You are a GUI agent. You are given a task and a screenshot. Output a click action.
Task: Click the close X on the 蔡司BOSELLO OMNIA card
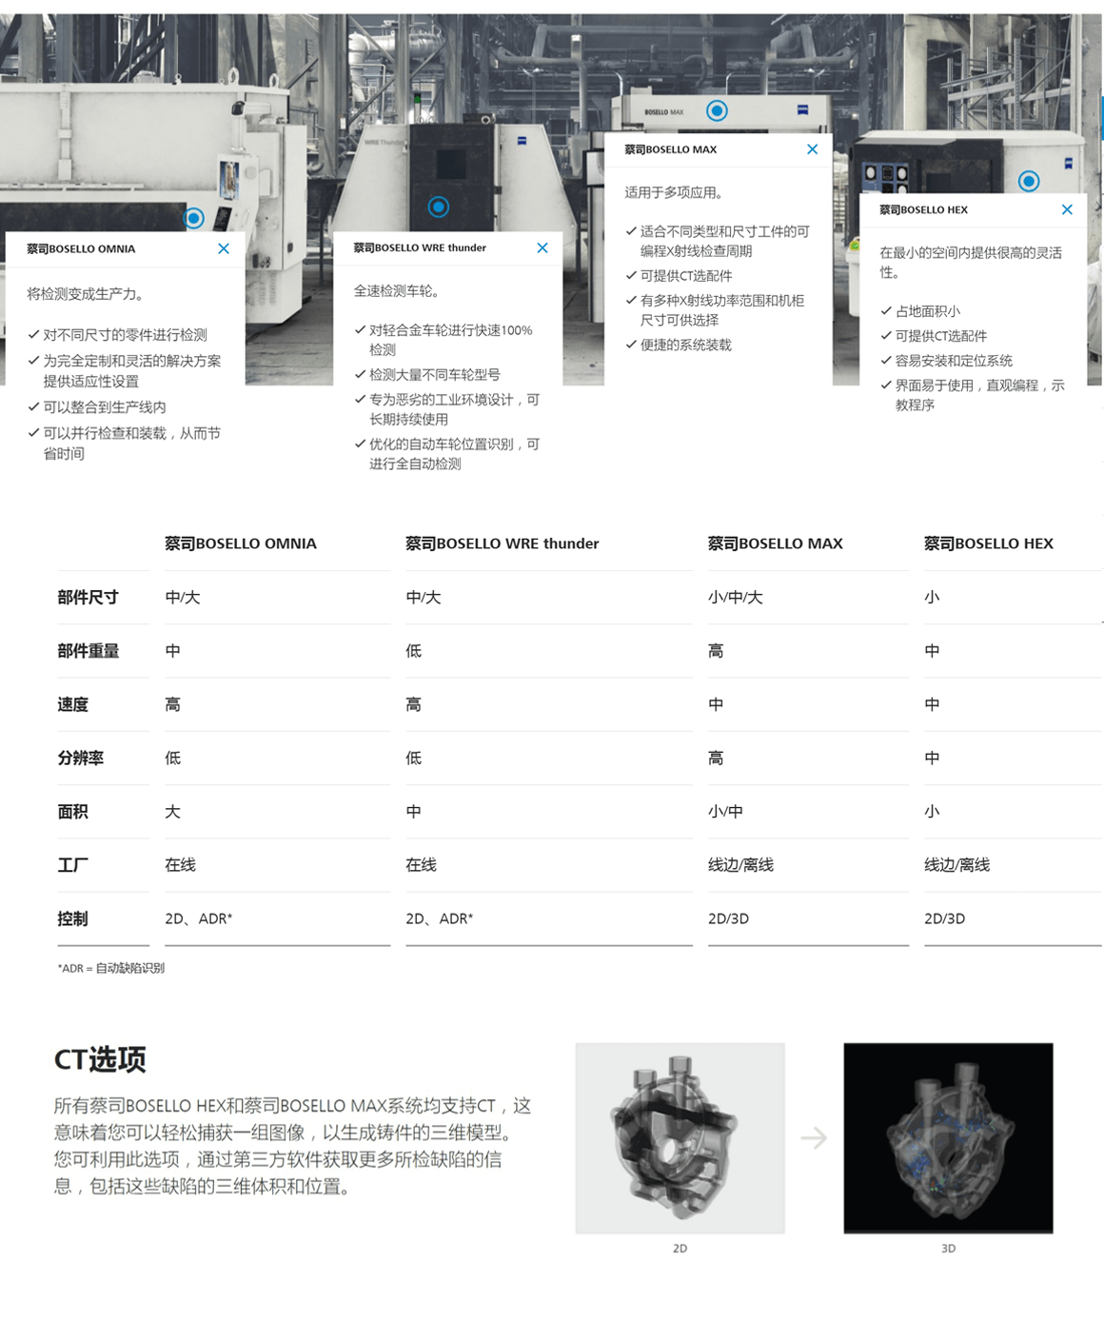pyautogui.click(x=224, y=248)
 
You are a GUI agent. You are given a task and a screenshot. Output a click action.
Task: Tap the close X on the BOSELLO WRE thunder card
pyautogui.click(x=542, y=248)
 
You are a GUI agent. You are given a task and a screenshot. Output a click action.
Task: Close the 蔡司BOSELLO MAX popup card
pyautogui.click(x=812, y=149)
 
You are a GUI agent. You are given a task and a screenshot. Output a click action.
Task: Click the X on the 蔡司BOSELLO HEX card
pyautogui.click(x=1067, y=209)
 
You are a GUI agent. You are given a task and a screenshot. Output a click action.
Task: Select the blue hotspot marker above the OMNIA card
pyautogui.click(x=194, y=219)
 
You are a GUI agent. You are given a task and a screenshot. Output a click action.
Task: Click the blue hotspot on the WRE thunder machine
pyautogui.click(x=438, y=207)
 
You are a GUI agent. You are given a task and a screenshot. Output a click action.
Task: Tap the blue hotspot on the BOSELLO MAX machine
pyautogui.click(x=717, y=111)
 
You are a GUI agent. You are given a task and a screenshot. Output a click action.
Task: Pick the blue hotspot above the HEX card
pyautogui.click(x=1028, y=181)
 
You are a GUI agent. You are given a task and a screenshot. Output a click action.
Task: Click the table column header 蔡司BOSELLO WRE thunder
pyautogui.click(x=502, y=543)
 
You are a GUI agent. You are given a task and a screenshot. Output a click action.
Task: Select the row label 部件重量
pyautogui.click(x=88, y=651)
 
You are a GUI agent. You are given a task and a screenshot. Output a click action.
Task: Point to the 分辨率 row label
pyautogui.click(x=80, y=758)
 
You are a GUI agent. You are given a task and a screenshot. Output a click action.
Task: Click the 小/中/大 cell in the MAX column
pyautogui.click(x=735, y=597)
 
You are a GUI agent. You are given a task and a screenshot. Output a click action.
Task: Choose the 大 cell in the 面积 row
pyautogui.click(x=172, y=811)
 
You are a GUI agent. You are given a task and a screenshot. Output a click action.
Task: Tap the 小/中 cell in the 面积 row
pyautogui.click(x=725, y=811)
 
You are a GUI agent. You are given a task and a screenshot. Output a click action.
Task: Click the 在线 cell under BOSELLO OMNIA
pyautogui.click(x=180, y=865)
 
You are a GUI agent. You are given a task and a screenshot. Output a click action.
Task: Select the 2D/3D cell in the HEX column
pyautogui.click(x=944, y=918)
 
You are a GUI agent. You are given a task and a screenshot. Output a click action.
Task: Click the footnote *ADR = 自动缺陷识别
pyautogui.click(x=110, y=968)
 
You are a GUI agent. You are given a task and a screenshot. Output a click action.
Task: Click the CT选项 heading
pyautogui.click(x=100, y=1060)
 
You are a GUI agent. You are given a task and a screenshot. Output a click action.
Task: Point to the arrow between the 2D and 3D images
pyautogui.click(x=814, y=1137)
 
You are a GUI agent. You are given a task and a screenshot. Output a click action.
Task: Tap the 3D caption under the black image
pyautogui.click(x=948, y=1248)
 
